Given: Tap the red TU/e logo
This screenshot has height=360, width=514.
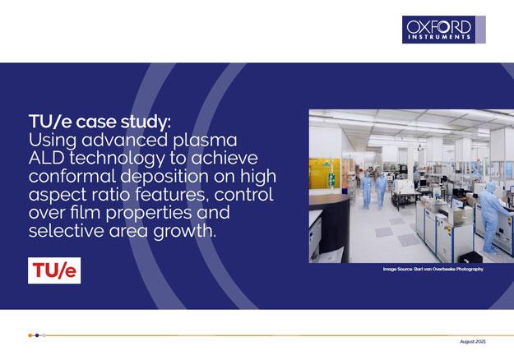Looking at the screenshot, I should click(x=54, y=270).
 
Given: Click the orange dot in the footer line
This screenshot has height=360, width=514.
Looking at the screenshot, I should click(x=31, y=335).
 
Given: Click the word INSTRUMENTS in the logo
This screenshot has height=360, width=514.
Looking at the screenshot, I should click(x=438, y=37).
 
